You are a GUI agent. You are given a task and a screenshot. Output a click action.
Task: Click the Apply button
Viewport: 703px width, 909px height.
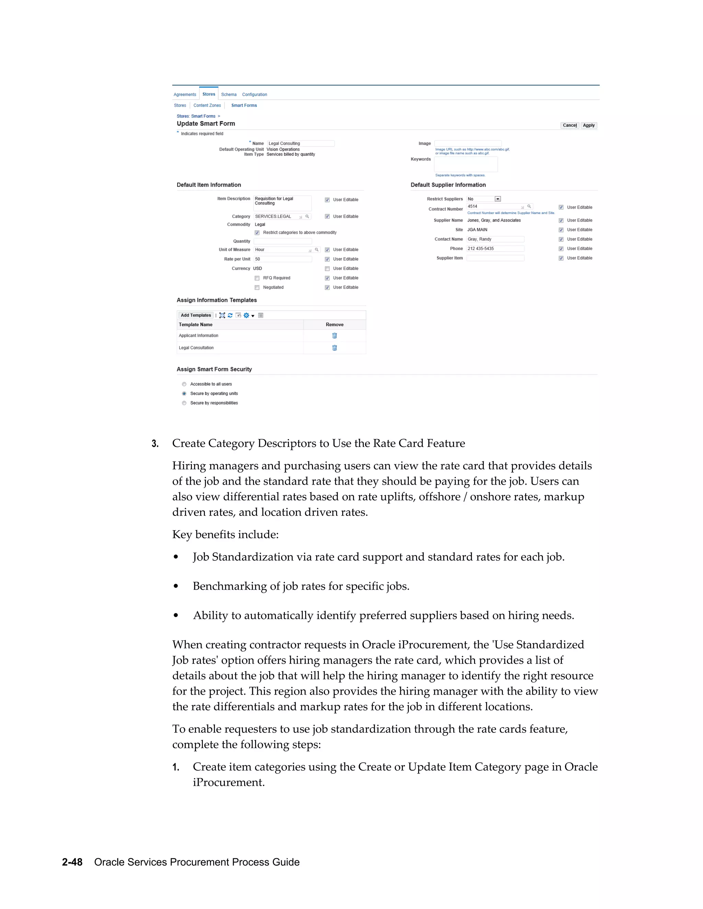tap(588, 125)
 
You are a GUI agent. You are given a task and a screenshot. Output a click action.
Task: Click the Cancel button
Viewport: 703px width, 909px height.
tap(569, 125)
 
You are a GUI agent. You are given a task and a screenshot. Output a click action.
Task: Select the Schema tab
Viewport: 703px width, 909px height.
tap(229, 94)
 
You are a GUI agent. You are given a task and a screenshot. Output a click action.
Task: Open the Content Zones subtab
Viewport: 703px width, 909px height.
tap(207, 105)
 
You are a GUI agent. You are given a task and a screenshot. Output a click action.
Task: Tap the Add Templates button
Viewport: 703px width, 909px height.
tap(196, 316)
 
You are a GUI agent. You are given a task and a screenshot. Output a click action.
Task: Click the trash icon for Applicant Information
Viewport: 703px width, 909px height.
tap(334, 335)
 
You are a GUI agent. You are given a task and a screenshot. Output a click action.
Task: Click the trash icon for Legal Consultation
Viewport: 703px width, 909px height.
tap(334, 348)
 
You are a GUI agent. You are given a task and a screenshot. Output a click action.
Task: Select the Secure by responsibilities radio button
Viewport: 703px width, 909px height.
tap(184, 403)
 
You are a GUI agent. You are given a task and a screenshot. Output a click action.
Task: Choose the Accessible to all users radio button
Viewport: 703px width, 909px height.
tap(184, 384)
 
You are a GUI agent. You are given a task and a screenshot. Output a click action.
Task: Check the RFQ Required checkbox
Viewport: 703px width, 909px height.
tap(257, 278)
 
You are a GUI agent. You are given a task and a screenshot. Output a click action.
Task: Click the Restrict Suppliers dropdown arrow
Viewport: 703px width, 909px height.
tap(498, 199)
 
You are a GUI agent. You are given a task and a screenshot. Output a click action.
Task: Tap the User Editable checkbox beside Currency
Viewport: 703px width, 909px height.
tap(327, 269)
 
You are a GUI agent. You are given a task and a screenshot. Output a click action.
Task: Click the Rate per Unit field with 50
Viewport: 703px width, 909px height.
tap(283, 259)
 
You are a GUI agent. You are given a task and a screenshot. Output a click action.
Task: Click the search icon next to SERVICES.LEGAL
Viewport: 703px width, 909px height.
tap(307, 216)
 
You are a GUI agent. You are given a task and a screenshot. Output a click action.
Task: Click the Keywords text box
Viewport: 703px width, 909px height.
tap(465, 164)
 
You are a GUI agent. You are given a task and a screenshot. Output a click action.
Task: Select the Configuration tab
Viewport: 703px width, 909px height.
tap(254, 94)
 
